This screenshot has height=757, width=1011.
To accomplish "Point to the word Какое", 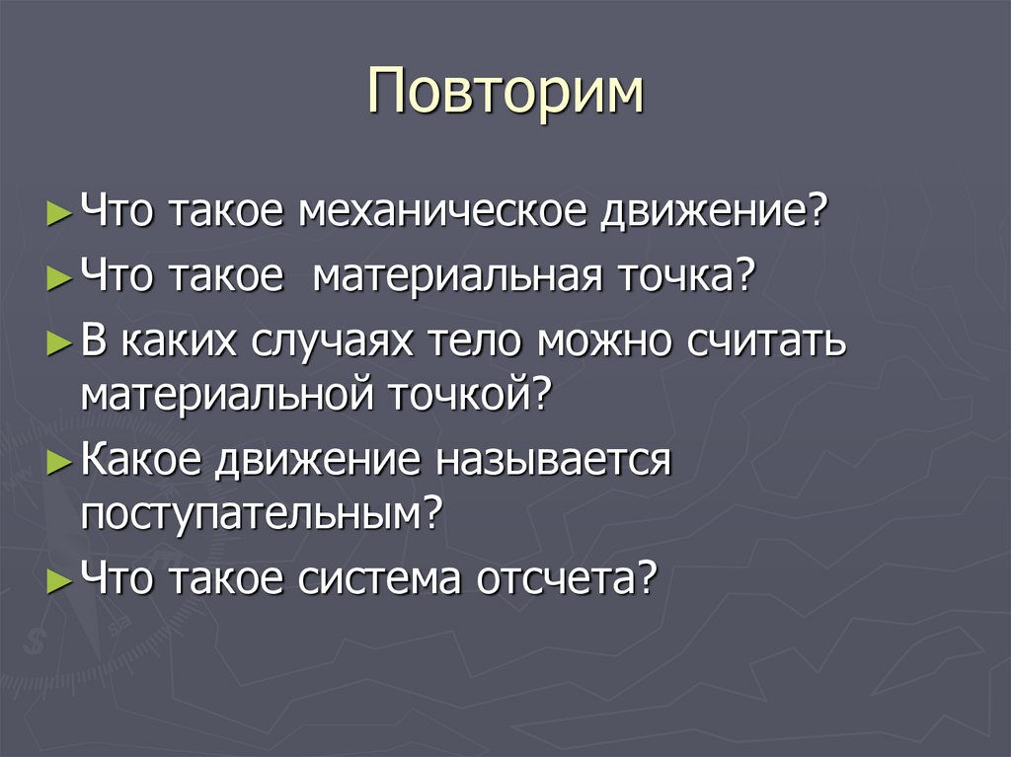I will [142, 459].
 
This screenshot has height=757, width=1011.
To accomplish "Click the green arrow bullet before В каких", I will [59, 342].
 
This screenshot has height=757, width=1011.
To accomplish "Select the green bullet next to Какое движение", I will [59, 461].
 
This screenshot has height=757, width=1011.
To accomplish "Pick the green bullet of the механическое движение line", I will [59, 212].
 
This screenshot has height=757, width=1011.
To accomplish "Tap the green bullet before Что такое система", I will [59, 577].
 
